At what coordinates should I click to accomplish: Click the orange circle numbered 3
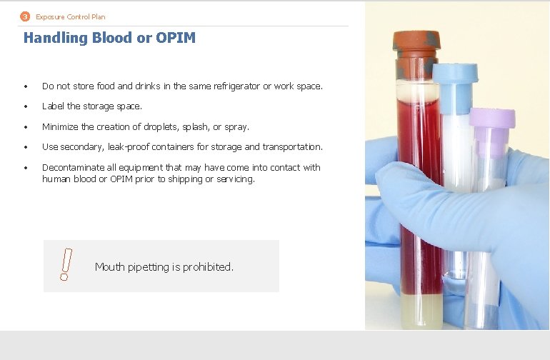25,16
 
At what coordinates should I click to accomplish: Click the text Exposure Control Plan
71,16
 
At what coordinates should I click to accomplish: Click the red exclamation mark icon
65,264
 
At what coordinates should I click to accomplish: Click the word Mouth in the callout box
109,267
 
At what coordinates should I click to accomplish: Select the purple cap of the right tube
491,121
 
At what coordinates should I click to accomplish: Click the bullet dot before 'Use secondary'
25,147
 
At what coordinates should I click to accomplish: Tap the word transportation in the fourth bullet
294,146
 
